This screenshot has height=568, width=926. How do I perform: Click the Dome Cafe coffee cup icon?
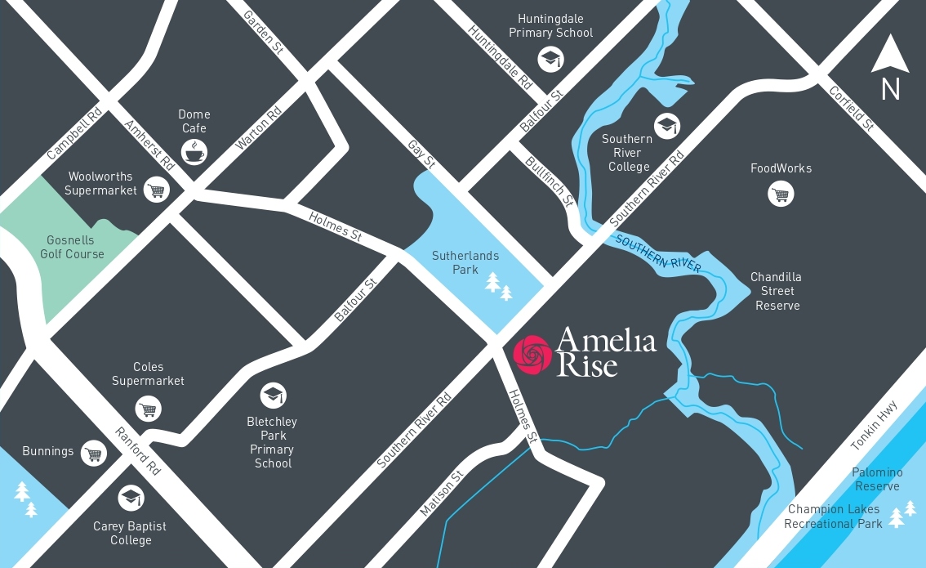click(194, 152)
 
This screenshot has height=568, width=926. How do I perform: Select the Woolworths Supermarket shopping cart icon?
click(155, 190)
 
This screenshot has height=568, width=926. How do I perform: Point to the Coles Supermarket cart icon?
click(148, 409)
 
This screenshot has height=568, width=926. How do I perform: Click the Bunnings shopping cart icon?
click(95, 453)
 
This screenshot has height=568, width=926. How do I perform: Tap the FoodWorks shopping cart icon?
click(781, 195)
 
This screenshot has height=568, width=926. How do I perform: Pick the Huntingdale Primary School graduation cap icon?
click(550, 58)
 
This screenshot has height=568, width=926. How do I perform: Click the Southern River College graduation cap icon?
click(667, 125)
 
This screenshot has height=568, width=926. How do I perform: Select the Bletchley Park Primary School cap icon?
click(273, 396)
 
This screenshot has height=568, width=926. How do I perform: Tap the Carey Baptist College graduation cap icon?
click(131, 497)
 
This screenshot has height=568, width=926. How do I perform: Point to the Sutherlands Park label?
click(465, 262)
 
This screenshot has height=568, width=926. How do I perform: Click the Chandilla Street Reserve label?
click(776, 291)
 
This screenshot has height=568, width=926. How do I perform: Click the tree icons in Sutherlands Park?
click(499, 286)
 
